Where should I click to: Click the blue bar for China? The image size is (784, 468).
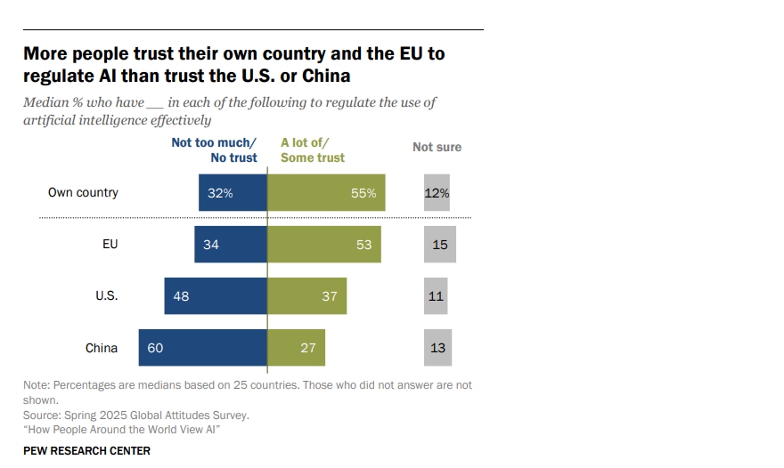coord(202,348)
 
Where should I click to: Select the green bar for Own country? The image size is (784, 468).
coord(326,192)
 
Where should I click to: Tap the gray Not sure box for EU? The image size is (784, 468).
coord(440,245)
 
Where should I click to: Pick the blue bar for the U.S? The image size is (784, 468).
coord(216,296)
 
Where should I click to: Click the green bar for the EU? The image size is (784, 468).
coord(324,245)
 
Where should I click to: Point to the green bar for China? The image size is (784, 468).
coord(297,348)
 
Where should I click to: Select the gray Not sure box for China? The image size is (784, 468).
coord(437,348)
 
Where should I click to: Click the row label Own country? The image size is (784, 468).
coord(83,192)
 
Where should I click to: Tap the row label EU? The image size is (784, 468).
coord(110,245)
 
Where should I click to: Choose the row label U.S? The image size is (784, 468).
coord(107,296)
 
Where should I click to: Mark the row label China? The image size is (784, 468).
coord(102,348)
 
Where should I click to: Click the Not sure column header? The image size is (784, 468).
coord(437,147)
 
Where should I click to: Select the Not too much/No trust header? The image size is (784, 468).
coord(214,149)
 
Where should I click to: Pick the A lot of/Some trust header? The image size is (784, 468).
coord(313,149)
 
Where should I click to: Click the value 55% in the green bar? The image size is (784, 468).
coord(363,193)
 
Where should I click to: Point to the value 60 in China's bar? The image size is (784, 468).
coord(155,348)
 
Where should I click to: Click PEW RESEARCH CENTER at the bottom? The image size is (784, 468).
coord(86,451)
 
